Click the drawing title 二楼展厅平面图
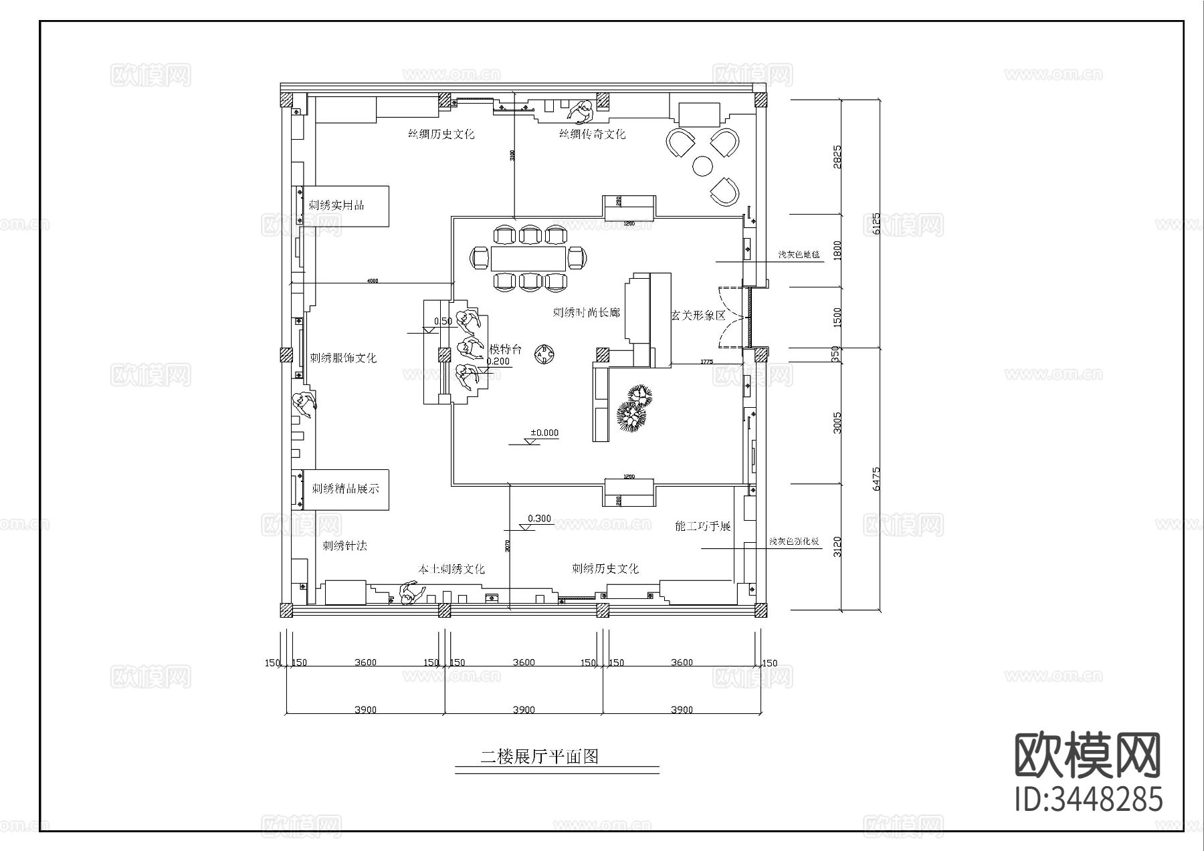pos(539,756)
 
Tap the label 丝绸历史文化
pos(441,134)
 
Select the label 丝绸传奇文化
pos(593,134)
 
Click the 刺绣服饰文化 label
pos(343,358)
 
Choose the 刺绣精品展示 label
pos(345,489)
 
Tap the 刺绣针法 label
pos(344,545)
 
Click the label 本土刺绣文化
pos(451,569)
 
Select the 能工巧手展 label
pos(703,526)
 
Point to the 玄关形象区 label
pos(698,315)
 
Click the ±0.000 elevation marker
pos(544,433)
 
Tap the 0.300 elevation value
pos(539,518)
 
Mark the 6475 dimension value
pos(876,479)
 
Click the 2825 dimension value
pos(837,157)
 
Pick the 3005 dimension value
pos(837,422)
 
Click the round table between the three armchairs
pos(703,165)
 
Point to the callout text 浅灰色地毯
pos(798,255)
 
